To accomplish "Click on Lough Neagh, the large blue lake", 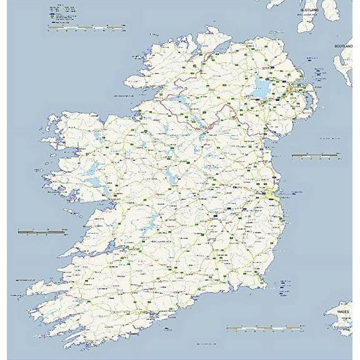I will click(x=261, y=90).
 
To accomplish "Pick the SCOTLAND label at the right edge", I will click(x=343, y=46).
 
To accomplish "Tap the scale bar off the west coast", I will click(x=42, y=231).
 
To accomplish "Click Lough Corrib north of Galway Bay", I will click(x=94, y=182).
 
